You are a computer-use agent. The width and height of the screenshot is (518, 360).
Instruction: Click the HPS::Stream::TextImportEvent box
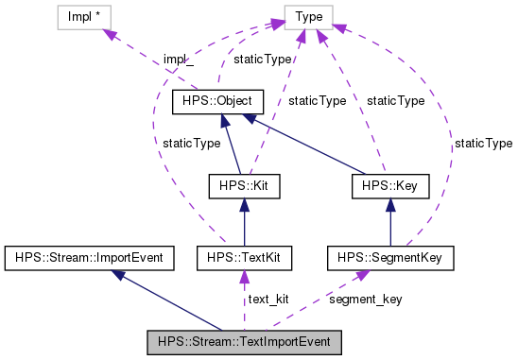pyautogui.click(x=245, y=340)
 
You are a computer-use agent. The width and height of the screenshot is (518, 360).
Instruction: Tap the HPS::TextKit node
pyautogui.click(x=245, y=257)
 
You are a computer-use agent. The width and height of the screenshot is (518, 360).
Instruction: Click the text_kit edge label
pyautogui.click(x=268, y=300)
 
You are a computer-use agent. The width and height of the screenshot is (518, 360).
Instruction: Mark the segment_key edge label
pyautogui.click(x=365, y=300)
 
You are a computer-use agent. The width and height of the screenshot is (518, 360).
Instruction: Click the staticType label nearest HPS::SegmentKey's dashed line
pyautogui.click(x=483, y=144)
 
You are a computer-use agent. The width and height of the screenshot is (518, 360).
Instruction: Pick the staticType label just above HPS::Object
pyautogui.click(x=262, y=59)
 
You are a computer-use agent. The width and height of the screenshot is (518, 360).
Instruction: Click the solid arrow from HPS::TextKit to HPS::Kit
pyautogui.click(x=245, y=222)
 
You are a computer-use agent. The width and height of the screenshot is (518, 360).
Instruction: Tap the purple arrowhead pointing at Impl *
pyautogui.click(x=111, y=34)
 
